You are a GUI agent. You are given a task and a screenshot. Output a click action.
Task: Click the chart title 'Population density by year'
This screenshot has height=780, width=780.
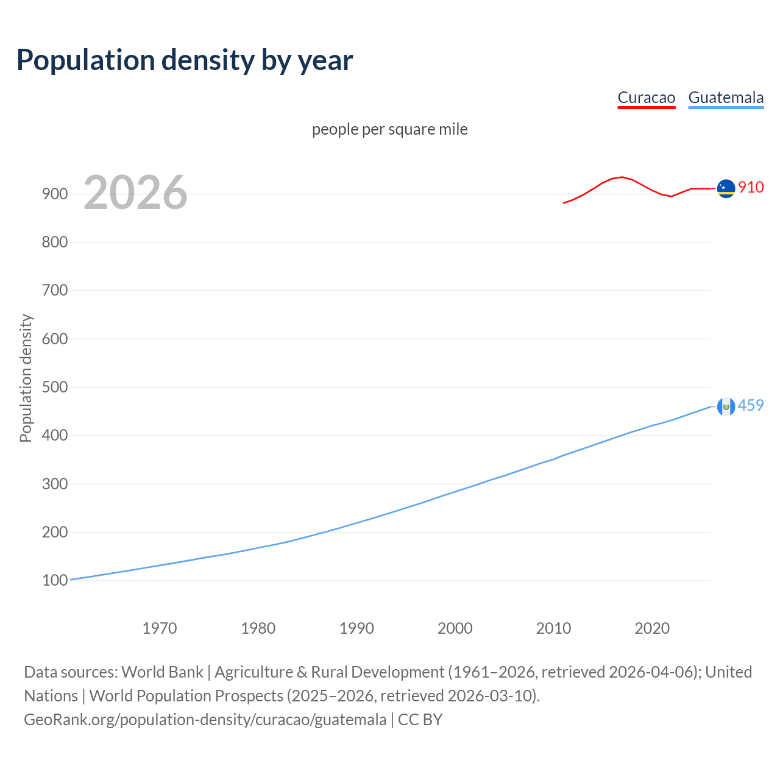[185, 60]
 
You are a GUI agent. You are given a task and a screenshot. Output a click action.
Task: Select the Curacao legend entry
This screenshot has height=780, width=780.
[646, 98]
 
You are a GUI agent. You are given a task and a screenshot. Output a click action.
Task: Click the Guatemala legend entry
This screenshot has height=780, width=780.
[725, 98]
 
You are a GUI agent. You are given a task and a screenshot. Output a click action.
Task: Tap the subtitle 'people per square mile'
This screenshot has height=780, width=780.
[389, 130]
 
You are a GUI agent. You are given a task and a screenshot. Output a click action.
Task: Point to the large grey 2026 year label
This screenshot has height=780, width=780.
[135, 193]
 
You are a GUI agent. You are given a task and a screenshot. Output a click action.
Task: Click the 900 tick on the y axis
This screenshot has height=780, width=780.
[54, 194]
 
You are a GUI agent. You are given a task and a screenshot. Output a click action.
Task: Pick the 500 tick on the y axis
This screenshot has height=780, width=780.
[54, 388]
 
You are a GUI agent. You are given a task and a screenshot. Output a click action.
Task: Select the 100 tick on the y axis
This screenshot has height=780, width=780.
[54, 581]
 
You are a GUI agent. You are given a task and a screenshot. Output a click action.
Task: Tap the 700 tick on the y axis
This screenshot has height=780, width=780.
[54, 291]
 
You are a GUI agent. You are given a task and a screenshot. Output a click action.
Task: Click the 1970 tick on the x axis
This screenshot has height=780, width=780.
[160, 628]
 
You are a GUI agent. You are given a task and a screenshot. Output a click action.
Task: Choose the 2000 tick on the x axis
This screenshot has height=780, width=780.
[455, 628]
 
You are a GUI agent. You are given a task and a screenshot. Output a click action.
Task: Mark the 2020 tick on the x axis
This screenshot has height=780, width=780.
[652, 628]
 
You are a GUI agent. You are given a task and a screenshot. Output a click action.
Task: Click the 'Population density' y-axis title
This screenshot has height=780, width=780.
[26, 378]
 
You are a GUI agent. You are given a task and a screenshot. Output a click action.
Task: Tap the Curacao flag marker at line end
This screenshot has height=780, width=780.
[726, 189]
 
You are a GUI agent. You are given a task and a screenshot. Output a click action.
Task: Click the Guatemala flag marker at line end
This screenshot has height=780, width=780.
[726, 406]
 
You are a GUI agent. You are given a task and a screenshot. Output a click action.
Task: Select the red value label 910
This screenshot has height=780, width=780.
[751, 188]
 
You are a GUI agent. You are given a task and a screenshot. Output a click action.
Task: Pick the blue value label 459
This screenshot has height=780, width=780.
[751, 406]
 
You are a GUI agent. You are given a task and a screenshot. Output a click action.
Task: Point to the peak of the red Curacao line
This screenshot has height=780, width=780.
[622, 177]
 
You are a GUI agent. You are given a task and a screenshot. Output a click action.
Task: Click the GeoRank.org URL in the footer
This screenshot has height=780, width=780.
[205, 720]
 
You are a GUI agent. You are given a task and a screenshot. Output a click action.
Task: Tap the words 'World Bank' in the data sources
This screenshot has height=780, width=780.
[162, 672]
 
